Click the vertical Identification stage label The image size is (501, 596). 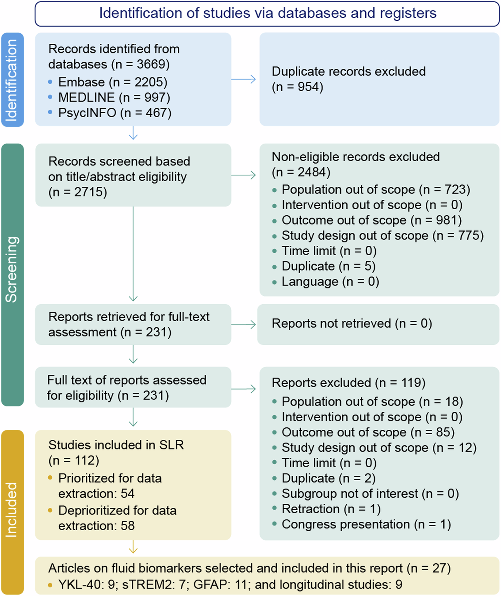coord(12,80)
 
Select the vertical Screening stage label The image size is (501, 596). coord(12,270)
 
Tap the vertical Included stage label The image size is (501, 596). coord(12,509)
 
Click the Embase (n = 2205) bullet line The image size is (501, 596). coord(112,82)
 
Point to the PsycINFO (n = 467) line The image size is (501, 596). coord(115,113)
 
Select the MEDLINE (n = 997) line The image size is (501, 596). coord(114,97)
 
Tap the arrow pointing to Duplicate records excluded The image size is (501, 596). coord(243,79)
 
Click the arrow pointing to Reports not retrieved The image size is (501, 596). coord(243,324)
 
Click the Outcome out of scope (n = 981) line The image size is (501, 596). coord(371,220)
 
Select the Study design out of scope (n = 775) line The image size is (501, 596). coord(382,236)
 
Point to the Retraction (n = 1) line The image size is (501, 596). coord(331,509)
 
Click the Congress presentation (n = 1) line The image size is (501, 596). coord(366,524)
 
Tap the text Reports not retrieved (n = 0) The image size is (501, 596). coord(351,324)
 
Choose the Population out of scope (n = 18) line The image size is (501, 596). coord(372,402)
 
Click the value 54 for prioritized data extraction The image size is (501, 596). coord(127,494)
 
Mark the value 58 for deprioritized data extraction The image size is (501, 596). coord(127,526)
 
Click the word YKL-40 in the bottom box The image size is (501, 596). coord(79,584)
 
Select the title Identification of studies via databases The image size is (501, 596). coord(267,13)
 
